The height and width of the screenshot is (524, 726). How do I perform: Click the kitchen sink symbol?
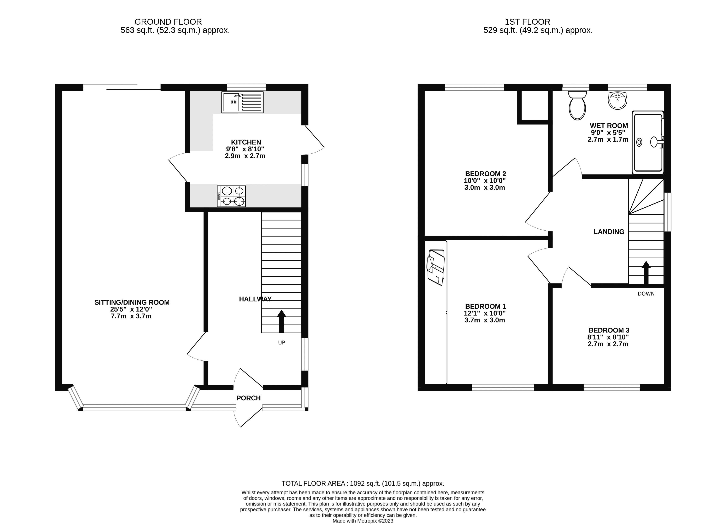point(242,102)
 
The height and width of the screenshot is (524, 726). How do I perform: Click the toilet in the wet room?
point(577,106)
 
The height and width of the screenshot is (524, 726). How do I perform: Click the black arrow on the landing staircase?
point(646,272)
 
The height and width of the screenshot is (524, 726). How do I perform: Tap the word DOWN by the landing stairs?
point(646,294)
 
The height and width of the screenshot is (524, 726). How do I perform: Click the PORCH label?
point(248,398)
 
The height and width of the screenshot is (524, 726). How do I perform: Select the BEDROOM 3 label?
point(609,330)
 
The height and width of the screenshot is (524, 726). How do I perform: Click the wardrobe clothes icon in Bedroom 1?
point(436,267)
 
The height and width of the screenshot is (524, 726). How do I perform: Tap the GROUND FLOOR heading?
point(168,22)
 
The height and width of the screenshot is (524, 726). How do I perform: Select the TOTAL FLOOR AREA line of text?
point(363,492)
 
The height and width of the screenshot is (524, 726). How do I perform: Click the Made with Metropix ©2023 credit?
point(363,521)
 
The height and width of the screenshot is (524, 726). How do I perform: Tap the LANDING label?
point(609,232)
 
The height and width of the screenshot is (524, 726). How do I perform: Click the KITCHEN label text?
point(246,142)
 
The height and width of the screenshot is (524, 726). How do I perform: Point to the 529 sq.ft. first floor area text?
point(538,30)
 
